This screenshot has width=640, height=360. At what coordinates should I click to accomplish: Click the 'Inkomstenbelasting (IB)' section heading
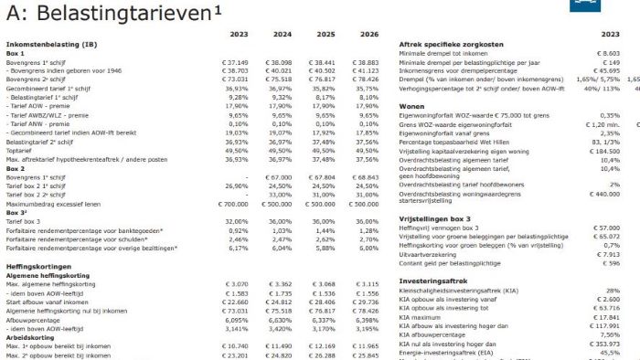[x=51, y=44]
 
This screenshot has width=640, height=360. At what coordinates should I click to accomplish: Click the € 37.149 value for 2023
[x=236, y=61]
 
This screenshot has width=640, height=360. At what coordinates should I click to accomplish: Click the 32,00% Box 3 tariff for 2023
[x=238, y=221]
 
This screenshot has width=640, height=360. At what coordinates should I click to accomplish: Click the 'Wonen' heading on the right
[x=413, y=106]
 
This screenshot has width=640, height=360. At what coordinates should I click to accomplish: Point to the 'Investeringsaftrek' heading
[x=433, y=281]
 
